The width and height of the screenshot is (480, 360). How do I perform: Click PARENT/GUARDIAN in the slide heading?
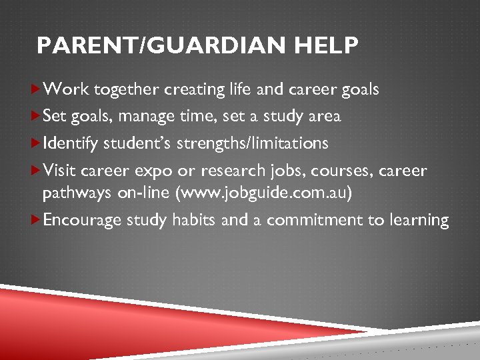pyautogui.click(x=159, y=46)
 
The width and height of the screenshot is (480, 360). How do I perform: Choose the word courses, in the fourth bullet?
pyautogui.click(x=346, y=171)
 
